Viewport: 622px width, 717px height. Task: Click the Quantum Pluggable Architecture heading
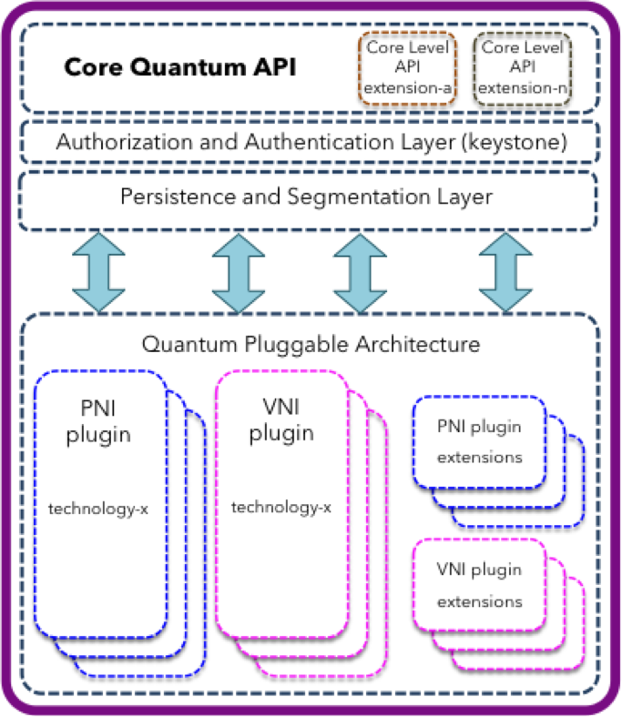311,345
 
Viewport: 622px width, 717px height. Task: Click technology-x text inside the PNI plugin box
98,506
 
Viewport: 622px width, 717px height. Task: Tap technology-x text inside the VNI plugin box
281,506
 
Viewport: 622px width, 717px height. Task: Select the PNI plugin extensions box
480,442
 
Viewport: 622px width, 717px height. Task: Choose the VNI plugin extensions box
480,586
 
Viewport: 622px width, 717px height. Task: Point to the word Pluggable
311,345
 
